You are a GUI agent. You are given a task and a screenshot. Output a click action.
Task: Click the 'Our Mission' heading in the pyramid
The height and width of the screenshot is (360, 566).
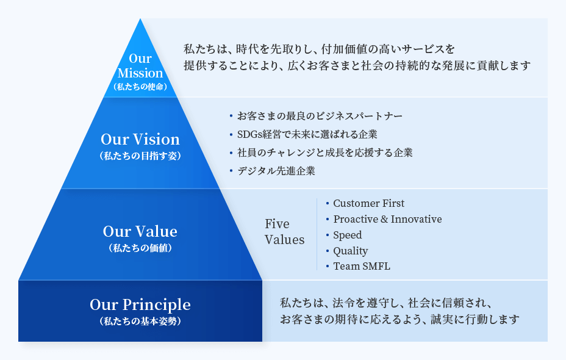click(x=140, y=66)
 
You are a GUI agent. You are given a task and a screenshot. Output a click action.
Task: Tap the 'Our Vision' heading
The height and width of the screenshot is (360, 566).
click(x=140, y=139)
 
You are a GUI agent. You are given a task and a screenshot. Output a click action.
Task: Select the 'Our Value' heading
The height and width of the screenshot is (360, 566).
click(x=140, y=232)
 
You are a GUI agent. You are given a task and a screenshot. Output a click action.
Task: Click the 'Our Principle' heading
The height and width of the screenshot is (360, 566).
click(x=140, y=304)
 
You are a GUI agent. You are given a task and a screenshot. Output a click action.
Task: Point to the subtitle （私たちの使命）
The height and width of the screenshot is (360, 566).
click(x=140, y=87)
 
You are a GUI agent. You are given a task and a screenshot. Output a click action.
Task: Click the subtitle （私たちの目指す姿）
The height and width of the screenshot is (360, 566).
click(x=140, y=156)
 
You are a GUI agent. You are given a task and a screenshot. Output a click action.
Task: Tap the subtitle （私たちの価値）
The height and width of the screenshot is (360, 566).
click(x=140, y=248)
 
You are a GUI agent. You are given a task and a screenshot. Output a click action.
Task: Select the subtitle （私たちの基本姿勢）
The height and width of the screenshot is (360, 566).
click(x=140, y=320)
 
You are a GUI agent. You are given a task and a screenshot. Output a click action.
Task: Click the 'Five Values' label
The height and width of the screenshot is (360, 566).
click(x=284, y=232)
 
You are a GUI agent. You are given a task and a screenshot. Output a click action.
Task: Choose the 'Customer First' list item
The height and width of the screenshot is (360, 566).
click(x=368, y=203)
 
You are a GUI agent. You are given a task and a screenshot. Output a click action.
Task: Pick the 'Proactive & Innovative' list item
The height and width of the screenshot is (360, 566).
click(x=387, y=219)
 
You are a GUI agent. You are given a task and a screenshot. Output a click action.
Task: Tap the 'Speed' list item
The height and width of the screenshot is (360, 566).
click(x=348, y=235)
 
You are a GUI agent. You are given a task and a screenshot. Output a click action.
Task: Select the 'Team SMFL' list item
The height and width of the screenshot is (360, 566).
click(x=362, y=266)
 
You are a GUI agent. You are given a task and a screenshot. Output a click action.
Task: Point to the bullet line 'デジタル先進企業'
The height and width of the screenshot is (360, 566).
click(x=276, y=171)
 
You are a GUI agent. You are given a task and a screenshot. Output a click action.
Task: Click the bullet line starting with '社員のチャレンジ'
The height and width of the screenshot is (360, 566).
click(x=324, y=153)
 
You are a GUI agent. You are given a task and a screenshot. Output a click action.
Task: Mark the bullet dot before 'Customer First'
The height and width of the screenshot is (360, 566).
click(x=328, y=203)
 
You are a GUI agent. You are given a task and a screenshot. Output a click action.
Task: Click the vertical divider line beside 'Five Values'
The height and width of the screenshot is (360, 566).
click(x=317, y=234)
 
